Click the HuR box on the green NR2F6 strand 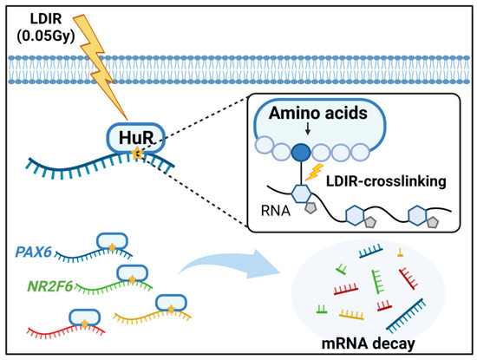pyautogui.click(x=132, y=272)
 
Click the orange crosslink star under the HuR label pyautogui.click(x=136, y=154)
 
